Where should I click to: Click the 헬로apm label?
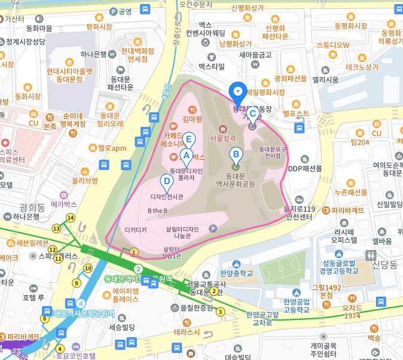click(112, 148)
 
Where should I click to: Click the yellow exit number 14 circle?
click(71, 218)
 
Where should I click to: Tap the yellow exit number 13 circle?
click(56, 228)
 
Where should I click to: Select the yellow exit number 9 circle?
click(76, 283)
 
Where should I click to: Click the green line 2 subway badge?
click(138, 269)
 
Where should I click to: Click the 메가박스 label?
click(65, 204)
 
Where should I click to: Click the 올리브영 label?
click(85, 179)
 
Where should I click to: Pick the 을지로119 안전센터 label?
click(300, 213)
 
